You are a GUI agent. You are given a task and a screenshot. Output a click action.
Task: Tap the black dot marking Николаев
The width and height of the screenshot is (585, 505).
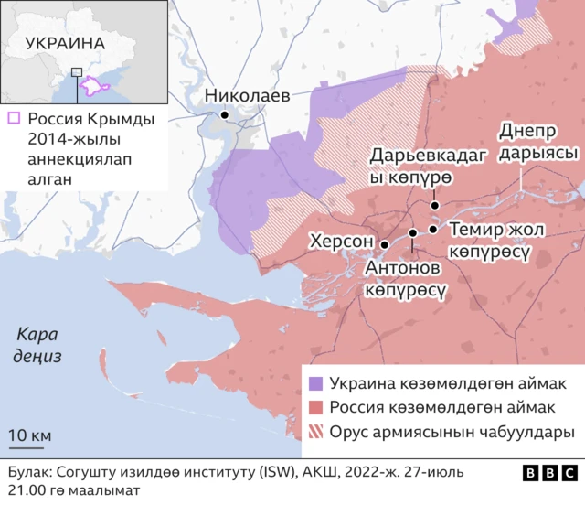point(224,115)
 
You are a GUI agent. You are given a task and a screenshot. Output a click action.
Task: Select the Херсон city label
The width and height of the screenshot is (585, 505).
point(341,241)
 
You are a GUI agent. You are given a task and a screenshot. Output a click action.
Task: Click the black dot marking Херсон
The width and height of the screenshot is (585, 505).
point(385,244)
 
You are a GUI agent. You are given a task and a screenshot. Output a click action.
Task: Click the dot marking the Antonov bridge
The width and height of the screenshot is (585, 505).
point(413,233)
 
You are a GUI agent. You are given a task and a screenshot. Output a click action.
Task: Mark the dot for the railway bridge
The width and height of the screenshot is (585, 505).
point(432,229)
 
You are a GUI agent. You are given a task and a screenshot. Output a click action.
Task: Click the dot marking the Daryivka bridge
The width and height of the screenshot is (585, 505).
point(435,206)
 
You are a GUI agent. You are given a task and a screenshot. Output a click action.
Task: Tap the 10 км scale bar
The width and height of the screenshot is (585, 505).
point(30,446)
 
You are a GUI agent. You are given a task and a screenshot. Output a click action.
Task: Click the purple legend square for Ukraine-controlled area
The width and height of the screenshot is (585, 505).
point(316,382)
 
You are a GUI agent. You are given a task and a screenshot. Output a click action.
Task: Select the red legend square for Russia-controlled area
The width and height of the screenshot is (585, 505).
point(316,407)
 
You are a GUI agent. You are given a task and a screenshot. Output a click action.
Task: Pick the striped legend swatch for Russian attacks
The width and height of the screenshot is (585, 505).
point(316,432)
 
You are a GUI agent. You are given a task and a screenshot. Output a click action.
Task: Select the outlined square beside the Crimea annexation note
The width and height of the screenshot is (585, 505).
point(14,119)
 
